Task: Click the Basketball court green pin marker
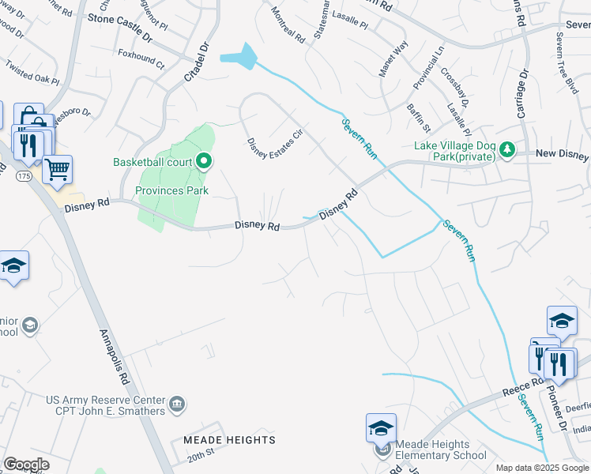(205, 162)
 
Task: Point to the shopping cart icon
(57, 169)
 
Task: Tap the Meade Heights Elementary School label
(442, 450)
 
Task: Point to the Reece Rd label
(522, 386)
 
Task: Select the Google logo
(26, 464)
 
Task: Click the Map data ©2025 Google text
(542, 468)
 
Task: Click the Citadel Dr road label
(194, 59)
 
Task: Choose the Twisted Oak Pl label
(32, 75)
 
